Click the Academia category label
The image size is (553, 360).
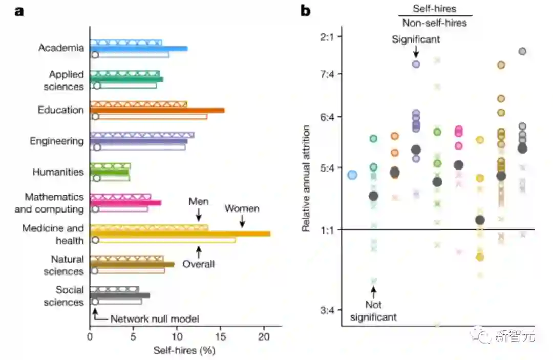[x=61, y=48]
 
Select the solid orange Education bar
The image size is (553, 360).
[x=157, y=110]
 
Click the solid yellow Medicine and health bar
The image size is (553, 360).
[x=180, y=234]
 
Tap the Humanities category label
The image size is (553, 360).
[x=58, y=172]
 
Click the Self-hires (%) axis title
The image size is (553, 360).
[x=184, y=351]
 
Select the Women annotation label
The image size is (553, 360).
[x=242, y=209]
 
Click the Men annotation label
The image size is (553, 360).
[x=199, y=201]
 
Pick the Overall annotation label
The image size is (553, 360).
[x=199, y=264]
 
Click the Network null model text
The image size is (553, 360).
[x=154, y=319]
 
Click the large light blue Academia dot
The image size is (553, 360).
[x=352, y=175]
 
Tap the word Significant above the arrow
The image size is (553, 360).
[x=416, y=39]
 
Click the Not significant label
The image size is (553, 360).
[x=373, y=311]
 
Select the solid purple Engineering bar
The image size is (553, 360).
[x=139, y=141]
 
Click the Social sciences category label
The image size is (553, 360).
[x=63, y=296]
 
